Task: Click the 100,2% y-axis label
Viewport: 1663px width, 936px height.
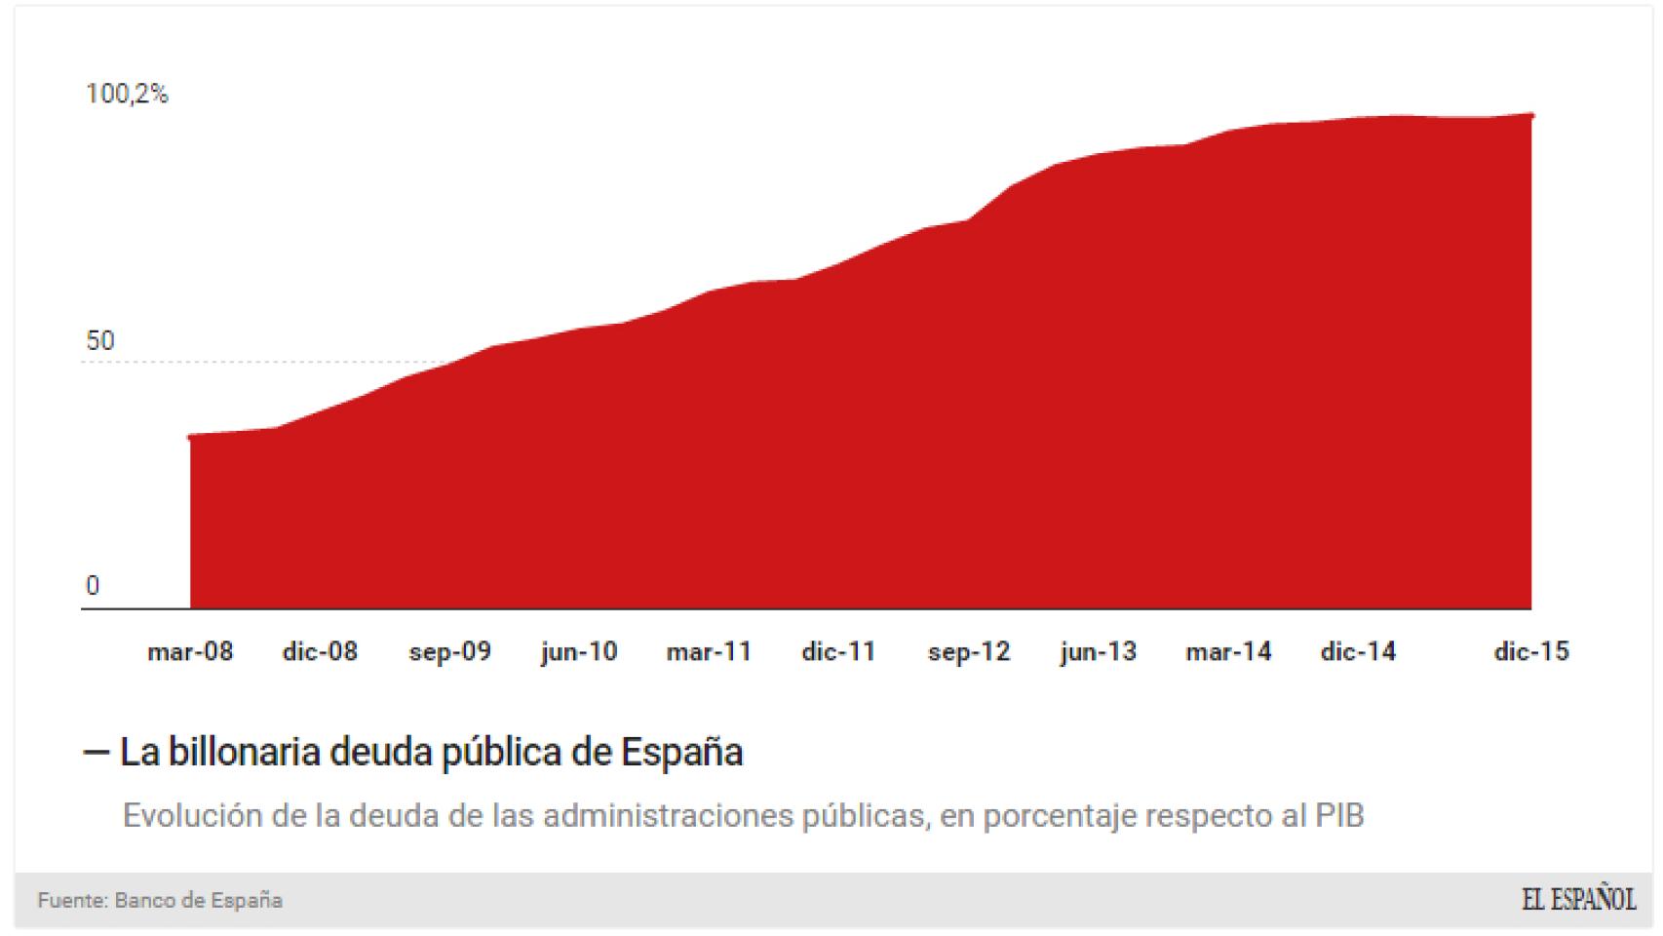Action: (x=127, y=95)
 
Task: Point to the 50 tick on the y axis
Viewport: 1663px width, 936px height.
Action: (x=100, y=341)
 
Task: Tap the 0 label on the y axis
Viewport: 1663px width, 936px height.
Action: (x=93, y=586)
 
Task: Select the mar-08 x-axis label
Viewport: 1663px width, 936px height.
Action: (x=190, y=651)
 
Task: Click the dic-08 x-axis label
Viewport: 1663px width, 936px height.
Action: (x=320, y=651)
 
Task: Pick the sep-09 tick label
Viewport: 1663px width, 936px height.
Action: (x=449, y=651)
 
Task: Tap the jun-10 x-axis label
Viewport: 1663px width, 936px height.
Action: (x=579, y=651)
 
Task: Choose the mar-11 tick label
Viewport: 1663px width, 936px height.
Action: (x=709, y=651)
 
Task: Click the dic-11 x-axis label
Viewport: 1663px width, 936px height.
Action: (x=838, y=651)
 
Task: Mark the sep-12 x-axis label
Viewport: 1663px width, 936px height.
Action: (x=969, y=651)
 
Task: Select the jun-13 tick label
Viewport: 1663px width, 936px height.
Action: (x=1099, y=651)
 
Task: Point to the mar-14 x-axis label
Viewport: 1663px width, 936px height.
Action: (x=1228, y=651)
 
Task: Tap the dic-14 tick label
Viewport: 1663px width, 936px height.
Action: (x=1358, y=651)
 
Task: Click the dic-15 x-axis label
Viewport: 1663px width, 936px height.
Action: (x=1531, y=651)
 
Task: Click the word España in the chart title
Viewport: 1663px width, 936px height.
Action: (x=681, y=753)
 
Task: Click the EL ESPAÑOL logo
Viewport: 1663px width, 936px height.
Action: (x=1578, y=900)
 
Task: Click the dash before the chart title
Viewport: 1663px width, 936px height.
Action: (x=96, y=753)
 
